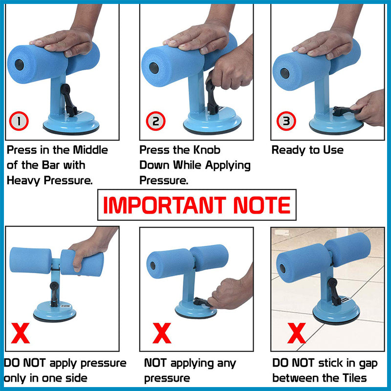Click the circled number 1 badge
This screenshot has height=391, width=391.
[19, 121]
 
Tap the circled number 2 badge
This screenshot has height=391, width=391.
[155, 121]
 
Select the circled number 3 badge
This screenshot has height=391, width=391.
[286, 121]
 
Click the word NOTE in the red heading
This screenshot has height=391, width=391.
[262, 205]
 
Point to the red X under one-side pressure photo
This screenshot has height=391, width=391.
[21, 333]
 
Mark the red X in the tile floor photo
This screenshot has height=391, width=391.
[297, 333]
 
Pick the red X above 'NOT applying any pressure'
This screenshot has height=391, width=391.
[162, 333]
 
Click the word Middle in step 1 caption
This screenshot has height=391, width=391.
[90, 150]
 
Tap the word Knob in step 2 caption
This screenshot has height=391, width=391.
[207, 150]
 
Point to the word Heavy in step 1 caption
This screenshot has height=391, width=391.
[23, 180]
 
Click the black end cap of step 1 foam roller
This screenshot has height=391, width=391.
[19, 65]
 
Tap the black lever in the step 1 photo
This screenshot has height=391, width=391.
[68, 100]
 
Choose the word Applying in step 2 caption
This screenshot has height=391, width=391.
[228, 166]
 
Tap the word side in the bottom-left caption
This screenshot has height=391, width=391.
[76, 378]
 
